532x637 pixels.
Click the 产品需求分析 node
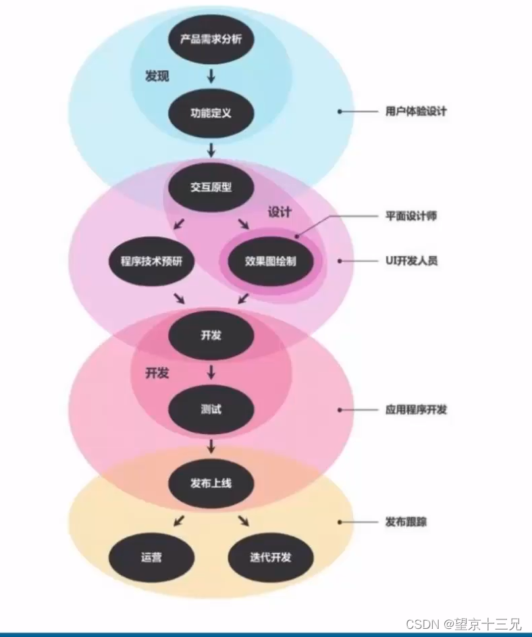[x=211, y=39]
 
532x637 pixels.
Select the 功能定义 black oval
[x=211, y=113]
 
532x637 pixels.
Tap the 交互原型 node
[x=211, y=187]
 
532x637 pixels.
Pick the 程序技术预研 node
[x=152, y=261]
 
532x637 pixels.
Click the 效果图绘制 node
[x=270, y=261]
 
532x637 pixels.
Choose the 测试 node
[x=211, y=409]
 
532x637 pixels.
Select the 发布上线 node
[x=211, y=484]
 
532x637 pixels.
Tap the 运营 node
[x=152, y=557]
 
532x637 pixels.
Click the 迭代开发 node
[x=270, y=557]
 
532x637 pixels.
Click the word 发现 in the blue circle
[x=157, y=76]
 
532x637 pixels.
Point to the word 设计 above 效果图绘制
[x=280, y=212]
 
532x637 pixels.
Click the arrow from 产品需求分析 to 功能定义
[x=211, y=76]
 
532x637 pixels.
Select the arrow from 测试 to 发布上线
[x=211, y=447]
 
